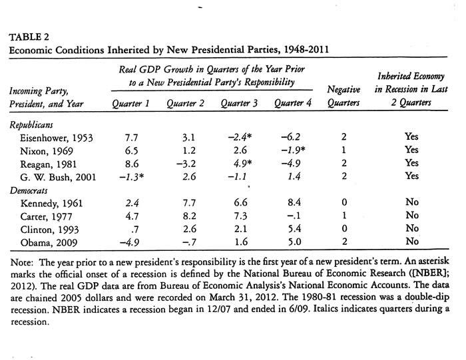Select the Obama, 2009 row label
point(48,242)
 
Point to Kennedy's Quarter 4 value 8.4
point(288,202)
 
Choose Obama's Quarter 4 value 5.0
point(288,242)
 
